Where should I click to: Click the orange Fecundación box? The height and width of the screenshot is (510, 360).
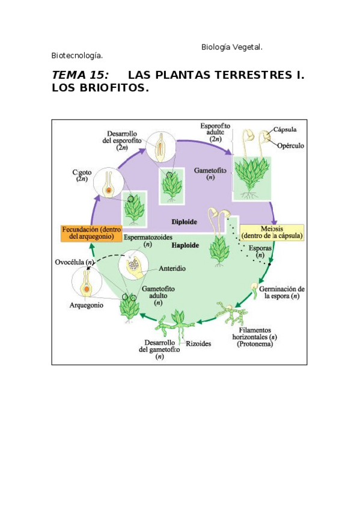click(x=90, y=233)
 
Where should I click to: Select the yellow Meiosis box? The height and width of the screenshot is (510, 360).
click(x=272, y=232)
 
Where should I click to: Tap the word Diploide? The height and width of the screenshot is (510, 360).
click(x=183, y=220)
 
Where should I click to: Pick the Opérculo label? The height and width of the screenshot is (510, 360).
click(x=290, y=146)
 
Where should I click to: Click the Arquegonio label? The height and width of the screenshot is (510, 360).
click(x=87, y=305)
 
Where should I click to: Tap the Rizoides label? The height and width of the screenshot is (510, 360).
click(x=198, y=343)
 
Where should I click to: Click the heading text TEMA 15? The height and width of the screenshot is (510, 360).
click(x=80, y=75)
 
